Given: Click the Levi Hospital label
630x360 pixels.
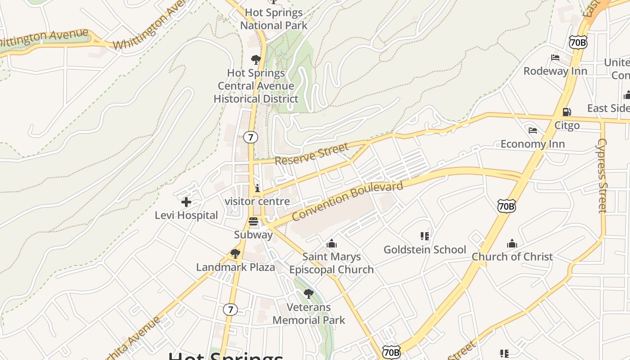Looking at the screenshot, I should [186, 216].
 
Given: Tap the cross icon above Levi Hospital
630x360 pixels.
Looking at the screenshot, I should [186, 202].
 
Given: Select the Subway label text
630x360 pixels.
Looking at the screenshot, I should [253, 234].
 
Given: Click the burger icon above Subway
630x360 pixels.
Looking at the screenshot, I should [253, 221].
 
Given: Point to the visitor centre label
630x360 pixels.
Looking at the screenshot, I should [257, 201].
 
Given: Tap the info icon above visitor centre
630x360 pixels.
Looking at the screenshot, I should [257, 188].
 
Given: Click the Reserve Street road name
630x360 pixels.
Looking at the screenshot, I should [311, 154].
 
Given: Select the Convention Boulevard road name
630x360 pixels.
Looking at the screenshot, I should [347, 201].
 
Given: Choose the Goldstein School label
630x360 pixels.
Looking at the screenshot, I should [425, 249].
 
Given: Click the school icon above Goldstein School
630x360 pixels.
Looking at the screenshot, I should [425, 236].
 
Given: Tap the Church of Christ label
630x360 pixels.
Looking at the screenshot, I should [512, 256].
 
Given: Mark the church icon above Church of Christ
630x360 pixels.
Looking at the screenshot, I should [512, 244].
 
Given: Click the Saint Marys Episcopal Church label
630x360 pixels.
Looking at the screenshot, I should [332, 263].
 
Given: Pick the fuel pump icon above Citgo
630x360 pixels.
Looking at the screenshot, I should [567, 112].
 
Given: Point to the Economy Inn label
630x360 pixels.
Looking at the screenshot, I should [533, 144].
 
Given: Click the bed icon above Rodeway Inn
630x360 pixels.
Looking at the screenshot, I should [555, 58].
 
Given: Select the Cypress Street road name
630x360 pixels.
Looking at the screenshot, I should [602, 175].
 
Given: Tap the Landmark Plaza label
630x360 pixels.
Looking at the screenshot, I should [235, 267].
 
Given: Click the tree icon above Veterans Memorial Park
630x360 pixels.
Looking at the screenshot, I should [309, 294].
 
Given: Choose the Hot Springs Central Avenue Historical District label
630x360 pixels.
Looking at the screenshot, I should [256, 85].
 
